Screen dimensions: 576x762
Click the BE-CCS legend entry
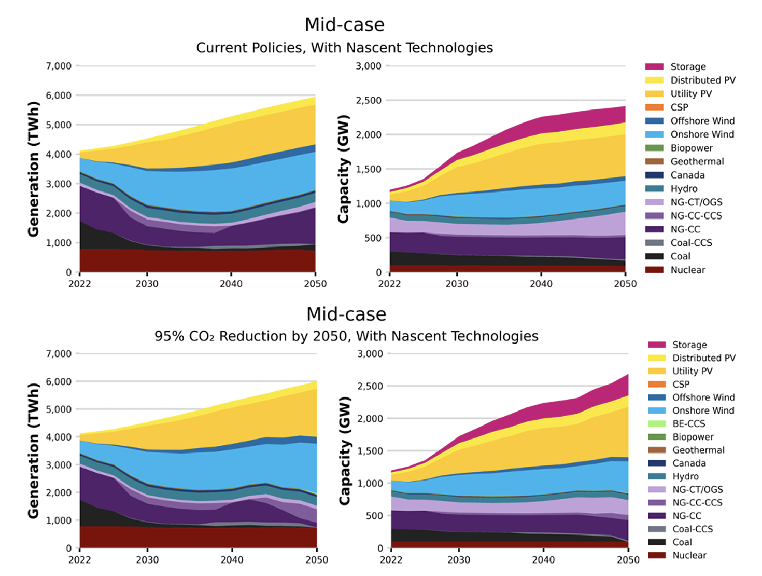pos(688,423)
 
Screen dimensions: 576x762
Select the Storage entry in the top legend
pos(688,66)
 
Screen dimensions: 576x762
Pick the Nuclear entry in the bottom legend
pos(689,555)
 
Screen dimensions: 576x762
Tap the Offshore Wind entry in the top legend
pos(702,121)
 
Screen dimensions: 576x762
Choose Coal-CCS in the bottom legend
pos(693,529)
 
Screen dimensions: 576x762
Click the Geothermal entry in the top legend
pos(697,161)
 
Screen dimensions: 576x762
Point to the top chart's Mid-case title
pos(345,24)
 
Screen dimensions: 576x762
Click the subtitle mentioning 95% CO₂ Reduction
pos(346,336)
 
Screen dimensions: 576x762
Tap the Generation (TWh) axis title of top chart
pos(33,169)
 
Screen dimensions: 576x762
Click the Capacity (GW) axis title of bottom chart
pos(344,450)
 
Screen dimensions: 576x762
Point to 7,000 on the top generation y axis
pos(59,66)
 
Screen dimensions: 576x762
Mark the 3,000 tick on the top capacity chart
pos(369,66)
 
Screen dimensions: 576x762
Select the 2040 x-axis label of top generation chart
pos(231,284)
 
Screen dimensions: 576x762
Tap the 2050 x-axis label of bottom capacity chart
pos(628,560)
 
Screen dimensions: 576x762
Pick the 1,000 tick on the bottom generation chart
pos(59,520)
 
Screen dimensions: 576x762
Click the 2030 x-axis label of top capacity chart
pos(457,284)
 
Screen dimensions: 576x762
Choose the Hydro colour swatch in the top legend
pos(654,188)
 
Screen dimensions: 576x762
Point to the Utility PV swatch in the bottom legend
pos(656,371)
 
